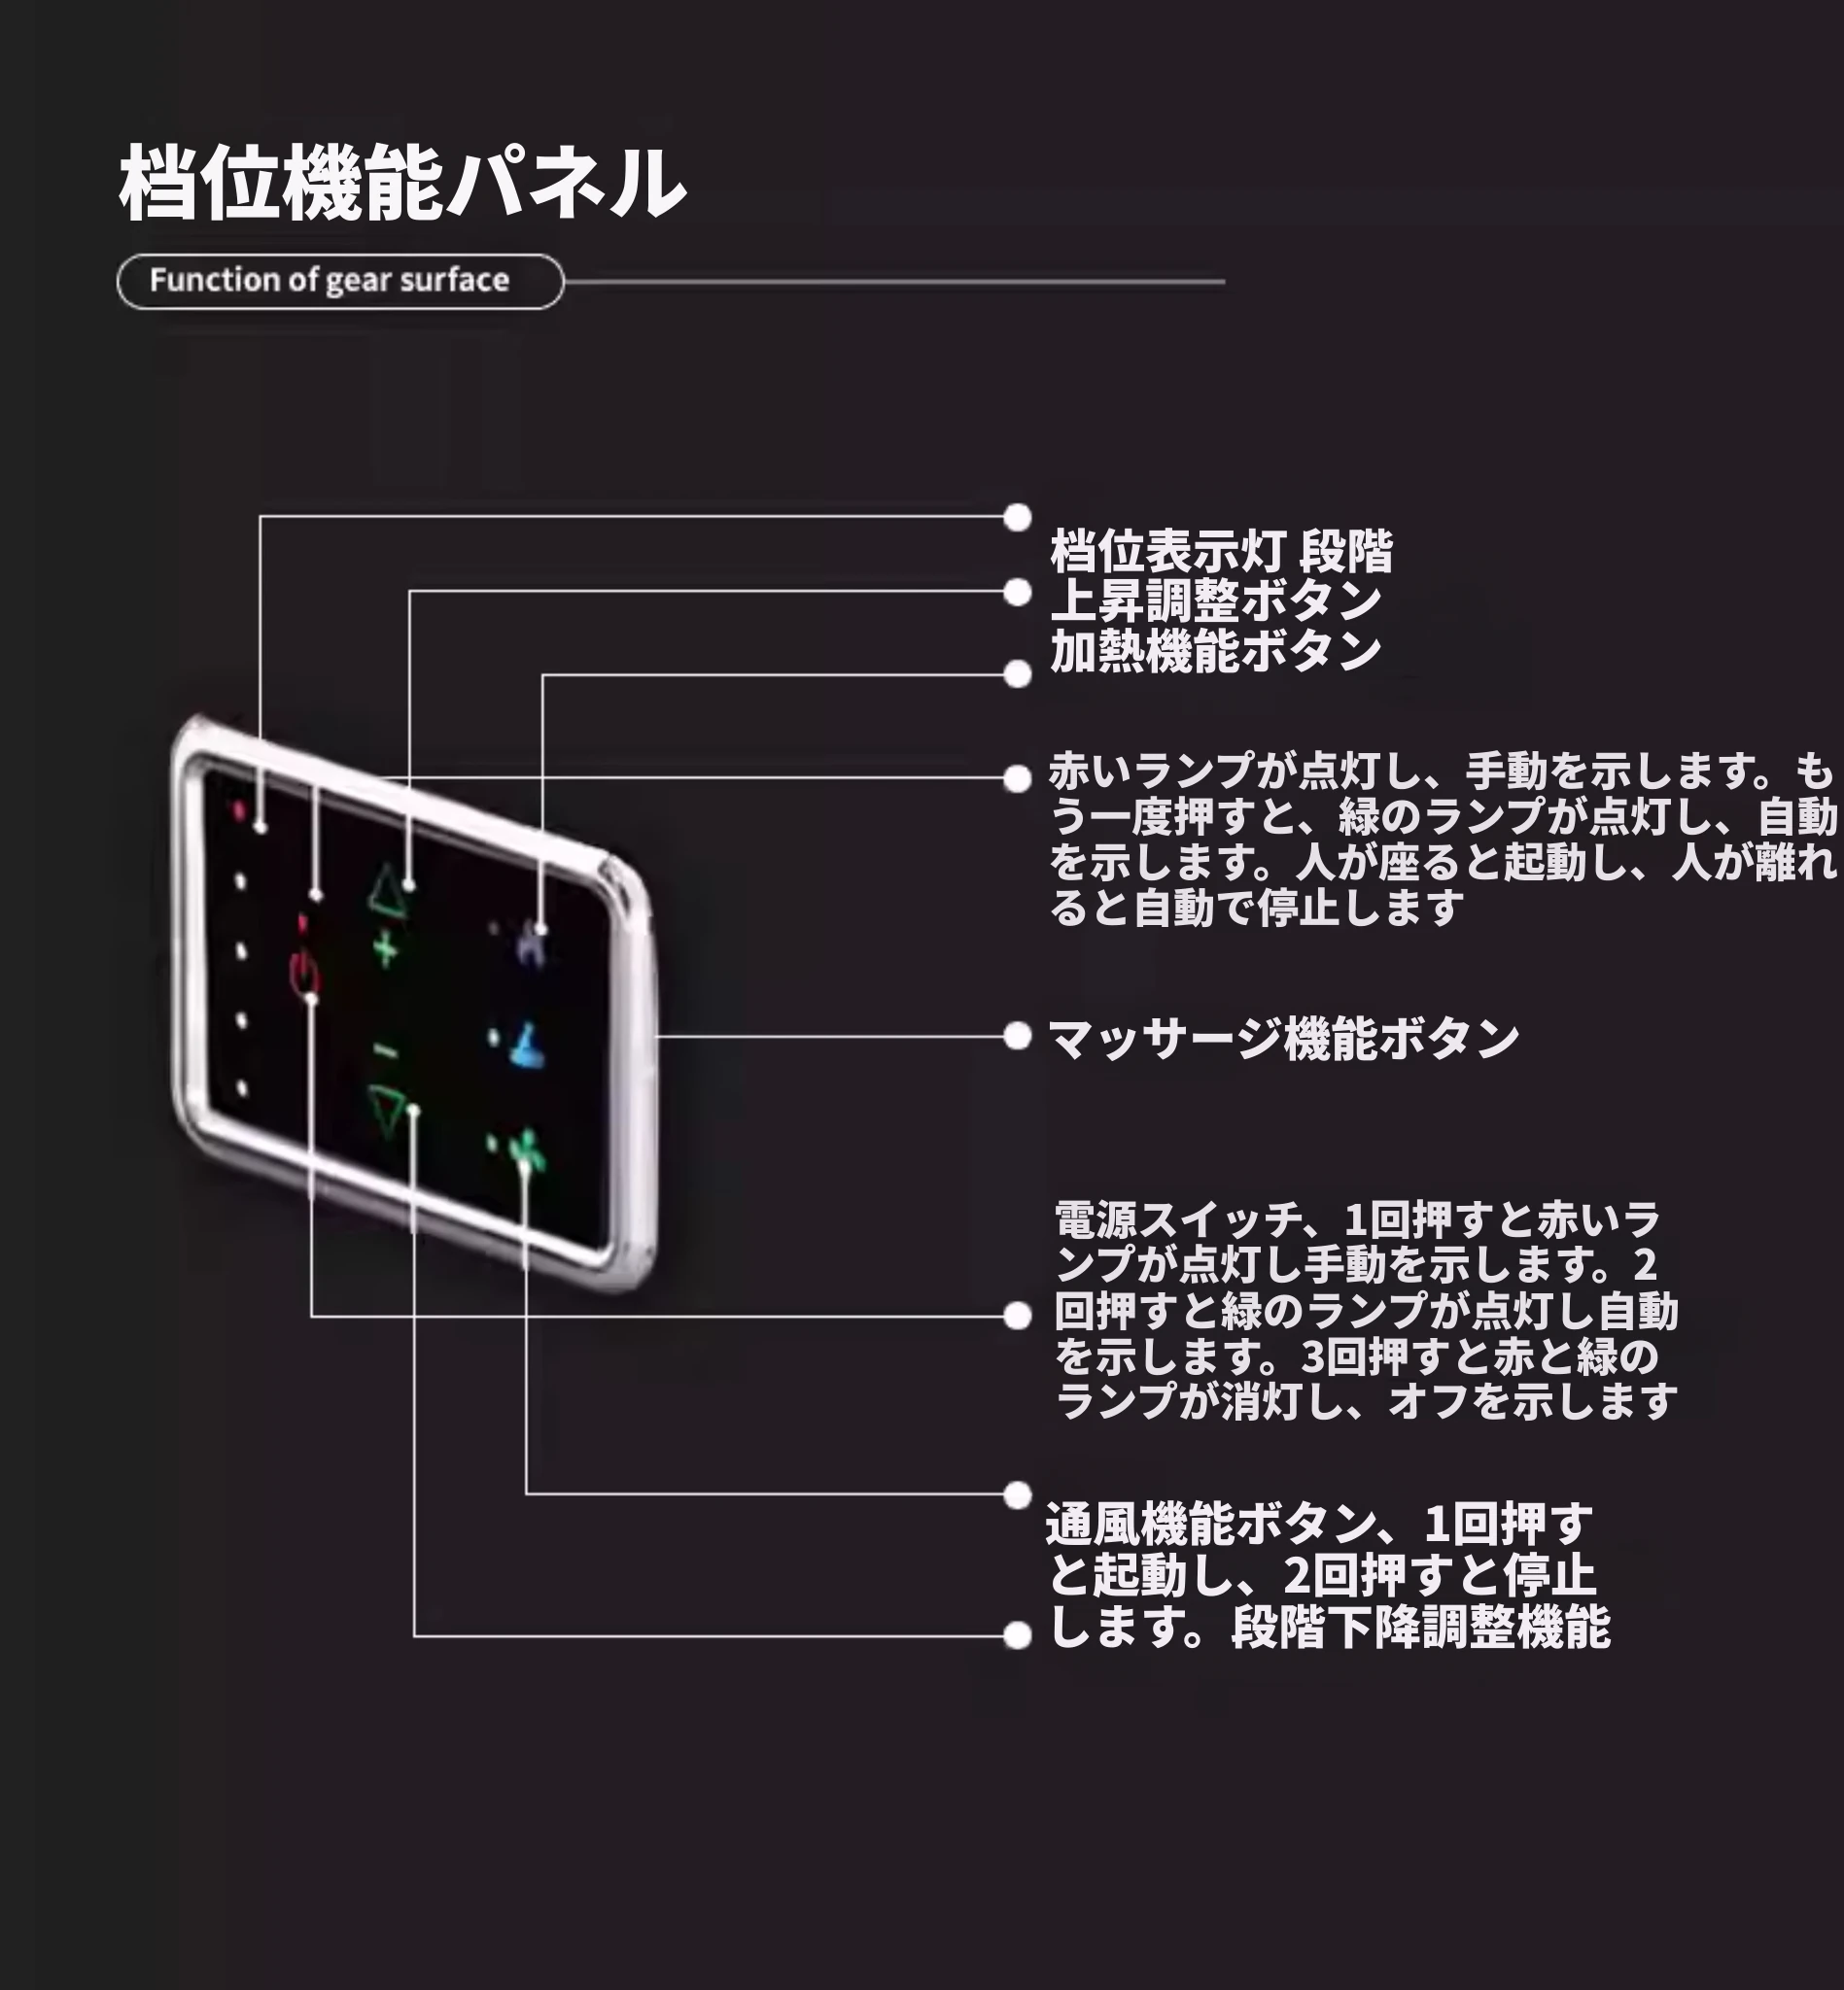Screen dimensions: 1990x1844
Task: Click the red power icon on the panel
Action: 304,972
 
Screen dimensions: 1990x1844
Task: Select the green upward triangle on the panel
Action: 387,890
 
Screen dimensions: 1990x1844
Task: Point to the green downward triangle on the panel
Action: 389,1111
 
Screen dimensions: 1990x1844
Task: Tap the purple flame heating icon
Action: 531,944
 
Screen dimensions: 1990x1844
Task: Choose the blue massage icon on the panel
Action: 528,1046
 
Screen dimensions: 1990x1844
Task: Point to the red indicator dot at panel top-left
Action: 239,810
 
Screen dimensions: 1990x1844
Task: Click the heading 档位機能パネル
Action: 402,183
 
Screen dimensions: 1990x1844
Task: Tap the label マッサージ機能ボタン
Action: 1282,1039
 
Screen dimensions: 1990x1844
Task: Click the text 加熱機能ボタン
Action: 1215,651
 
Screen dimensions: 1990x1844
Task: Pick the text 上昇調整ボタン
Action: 1215,600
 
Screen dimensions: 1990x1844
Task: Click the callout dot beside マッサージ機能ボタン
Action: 1017,1037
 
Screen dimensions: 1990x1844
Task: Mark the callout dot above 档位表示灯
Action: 1017,518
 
